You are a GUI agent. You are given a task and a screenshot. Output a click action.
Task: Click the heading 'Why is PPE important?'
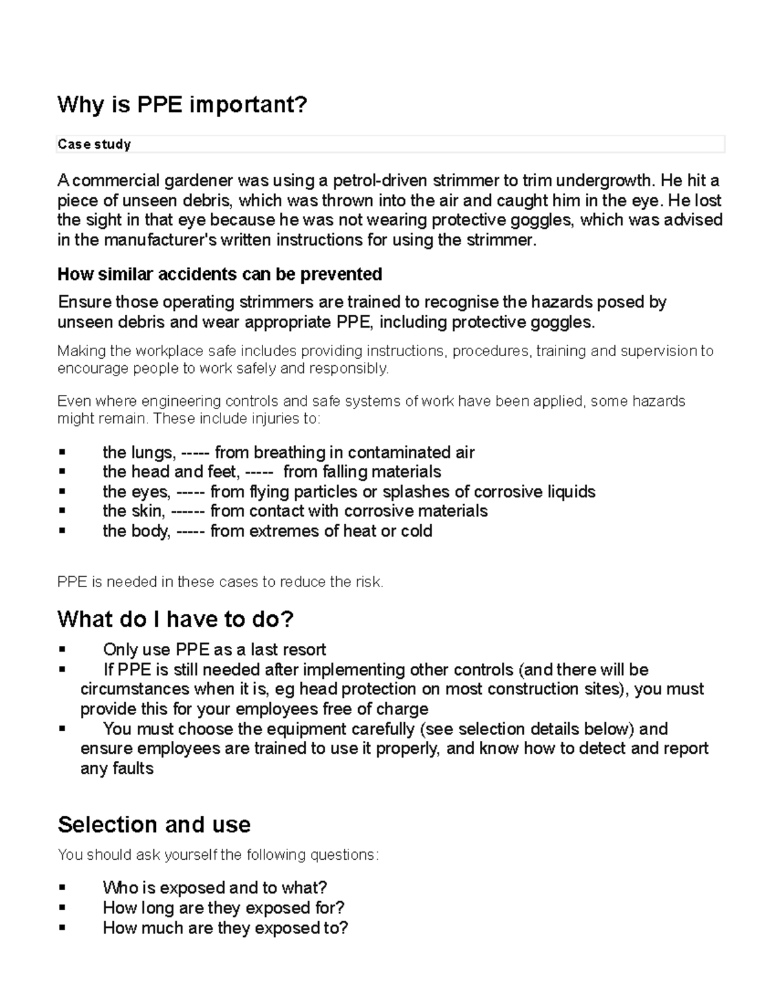point(182,105)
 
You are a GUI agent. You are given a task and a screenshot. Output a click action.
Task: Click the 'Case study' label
point(94,144)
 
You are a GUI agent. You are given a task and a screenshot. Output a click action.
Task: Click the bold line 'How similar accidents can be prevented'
point(220,274)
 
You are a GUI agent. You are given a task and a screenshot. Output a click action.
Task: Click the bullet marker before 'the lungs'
point(63,451)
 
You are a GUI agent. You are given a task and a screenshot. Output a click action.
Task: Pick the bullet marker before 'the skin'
point(63,511)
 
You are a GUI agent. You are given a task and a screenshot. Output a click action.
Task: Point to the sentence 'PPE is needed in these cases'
point(220,582)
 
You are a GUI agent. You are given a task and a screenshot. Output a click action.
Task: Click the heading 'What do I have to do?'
point(175,619)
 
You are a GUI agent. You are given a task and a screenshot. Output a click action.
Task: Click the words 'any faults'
point(117,769)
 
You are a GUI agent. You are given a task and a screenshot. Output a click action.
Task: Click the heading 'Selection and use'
point(154,825)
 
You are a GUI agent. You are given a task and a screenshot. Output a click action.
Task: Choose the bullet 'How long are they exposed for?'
point(223,908)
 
